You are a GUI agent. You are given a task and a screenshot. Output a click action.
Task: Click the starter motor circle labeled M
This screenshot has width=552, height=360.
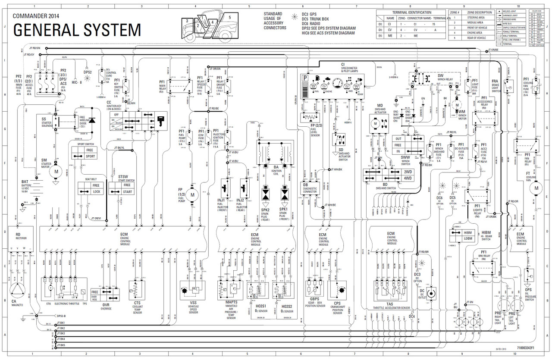tap(56, 171)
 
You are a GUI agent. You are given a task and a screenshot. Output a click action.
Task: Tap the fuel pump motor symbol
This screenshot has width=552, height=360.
tap(192, 194)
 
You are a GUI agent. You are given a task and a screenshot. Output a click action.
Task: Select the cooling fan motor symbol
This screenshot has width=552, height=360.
tap(536, 188)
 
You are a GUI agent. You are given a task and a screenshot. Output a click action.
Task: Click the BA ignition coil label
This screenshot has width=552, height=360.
tap(276, 167)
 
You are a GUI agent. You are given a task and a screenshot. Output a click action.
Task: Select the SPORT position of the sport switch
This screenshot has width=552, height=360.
tap(90, 157)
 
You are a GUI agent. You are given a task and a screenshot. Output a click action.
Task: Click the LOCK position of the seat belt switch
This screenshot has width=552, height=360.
tap(96, 191)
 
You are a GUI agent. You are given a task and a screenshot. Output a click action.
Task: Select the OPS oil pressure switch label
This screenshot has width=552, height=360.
tap(528, 290)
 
